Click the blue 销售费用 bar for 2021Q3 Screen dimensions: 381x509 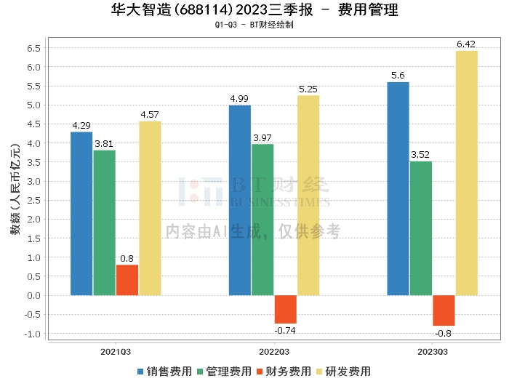point(81,214)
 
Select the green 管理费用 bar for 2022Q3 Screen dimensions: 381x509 point(262,220)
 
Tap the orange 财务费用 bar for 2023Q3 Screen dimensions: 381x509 point(444,310)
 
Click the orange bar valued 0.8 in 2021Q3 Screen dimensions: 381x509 point(127,280)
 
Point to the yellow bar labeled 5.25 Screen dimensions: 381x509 point(308,196)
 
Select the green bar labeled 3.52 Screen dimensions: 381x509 point(421,228)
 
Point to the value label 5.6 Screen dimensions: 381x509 point(397,76)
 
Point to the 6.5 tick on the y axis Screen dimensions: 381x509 point(33,48)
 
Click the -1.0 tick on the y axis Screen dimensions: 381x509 point(32,334)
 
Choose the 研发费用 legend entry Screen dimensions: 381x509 point(342,371)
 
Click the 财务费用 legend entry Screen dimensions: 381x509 point(284,371)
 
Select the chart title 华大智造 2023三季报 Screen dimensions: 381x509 point(254,10)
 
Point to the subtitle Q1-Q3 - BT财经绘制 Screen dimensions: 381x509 point(254,25)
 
